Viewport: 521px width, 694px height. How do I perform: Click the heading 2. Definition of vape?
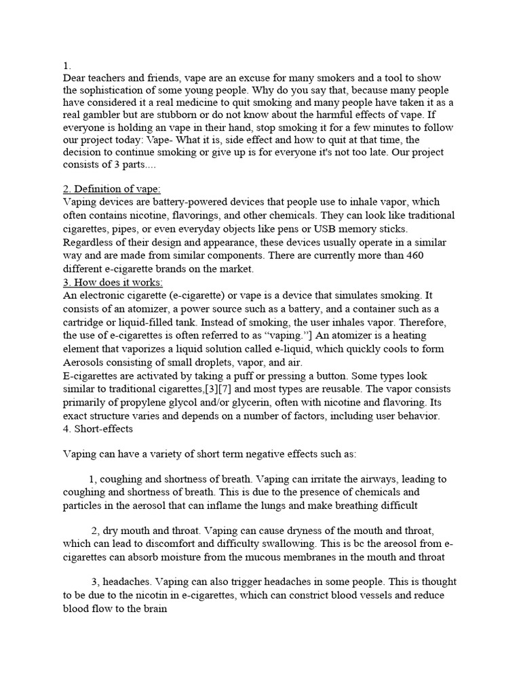(112, 189)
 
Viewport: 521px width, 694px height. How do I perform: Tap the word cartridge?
(86, 322)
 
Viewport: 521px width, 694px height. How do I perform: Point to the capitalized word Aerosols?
(85, 362)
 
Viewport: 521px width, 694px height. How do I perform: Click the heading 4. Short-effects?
(98, 428)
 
